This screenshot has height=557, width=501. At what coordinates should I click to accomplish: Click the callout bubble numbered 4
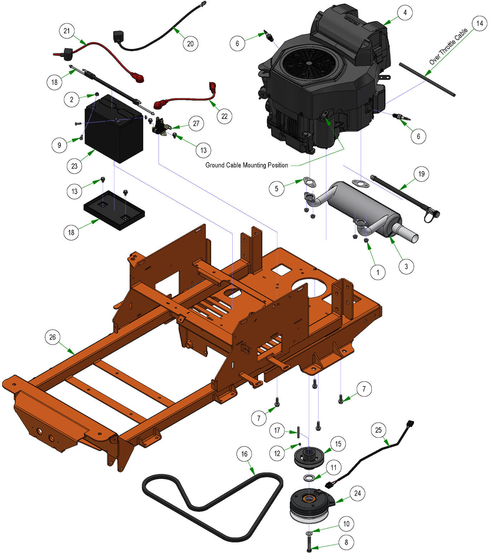coord(405,13)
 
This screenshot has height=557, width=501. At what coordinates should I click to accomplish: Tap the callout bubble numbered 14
coord(480,24)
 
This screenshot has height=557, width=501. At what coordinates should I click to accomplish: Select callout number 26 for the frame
coord(53,337)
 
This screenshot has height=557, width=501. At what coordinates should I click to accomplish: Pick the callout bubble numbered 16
coord(244,454)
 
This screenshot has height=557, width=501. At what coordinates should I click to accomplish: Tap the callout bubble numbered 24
coord(357,494)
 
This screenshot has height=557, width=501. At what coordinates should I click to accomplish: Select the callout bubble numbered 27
coord(196,124)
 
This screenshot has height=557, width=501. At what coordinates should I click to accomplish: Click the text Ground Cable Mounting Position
coord(247,165)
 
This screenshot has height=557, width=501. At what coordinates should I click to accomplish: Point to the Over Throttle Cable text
coord(448,47)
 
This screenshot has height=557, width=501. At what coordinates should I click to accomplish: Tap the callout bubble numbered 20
coord(190,44)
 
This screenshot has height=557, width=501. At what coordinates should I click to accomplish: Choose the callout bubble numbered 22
coord(224,116)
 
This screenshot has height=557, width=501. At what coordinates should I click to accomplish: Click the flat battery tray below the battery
coord(114,210)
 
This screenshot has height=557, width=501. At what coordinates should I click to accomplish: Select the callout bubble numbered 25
coord(379,430)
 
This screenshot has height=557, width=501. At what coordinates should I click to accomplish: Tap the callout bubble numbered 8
coord(346,542)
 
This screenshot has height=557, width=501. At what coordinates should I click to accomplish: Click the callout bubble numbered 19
coord(422,174)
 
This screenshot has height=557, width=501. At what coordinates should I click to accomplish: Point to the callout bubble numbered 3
coord(406,267)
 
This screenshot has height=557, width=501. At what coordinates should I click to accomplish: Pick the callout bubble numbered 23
coord(74,166)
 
